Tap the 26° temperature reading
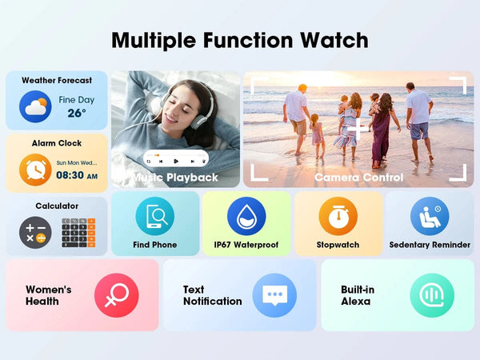[77, 113]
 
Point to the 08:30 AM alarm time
[77, 175]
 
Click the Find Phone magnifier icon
[154, 216]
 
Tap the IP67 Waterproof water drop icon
[246, 216]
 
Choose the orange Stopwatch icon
[338, 216]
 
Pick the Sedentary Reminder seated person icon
[430, 216]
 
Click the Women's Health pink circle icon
[116, 295]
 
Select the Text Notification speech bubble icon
[274, 295]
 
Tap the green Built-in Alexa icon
[432, 295]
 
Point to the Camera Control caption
[358, 177]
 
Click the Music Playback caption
[175, 177]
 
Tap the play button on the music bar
[176, 160]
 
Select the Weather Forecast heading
[57, 80]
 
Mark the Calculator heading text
[57, 206]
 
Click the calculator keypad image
[78, 233]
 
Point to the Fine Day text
[77, 99]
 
